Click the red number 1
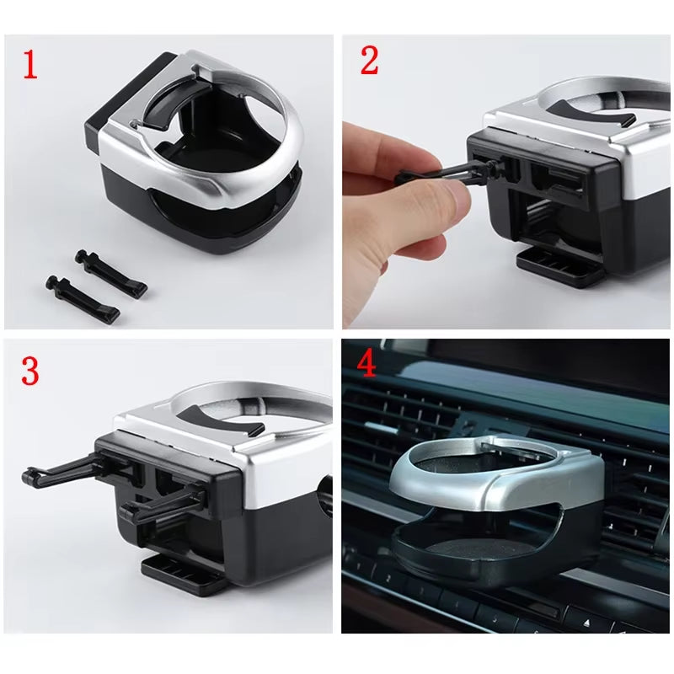30,65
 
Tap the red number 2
370,61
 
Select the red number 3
30,371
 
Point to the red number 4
366,365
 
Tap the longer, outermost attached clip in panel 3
67,469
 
